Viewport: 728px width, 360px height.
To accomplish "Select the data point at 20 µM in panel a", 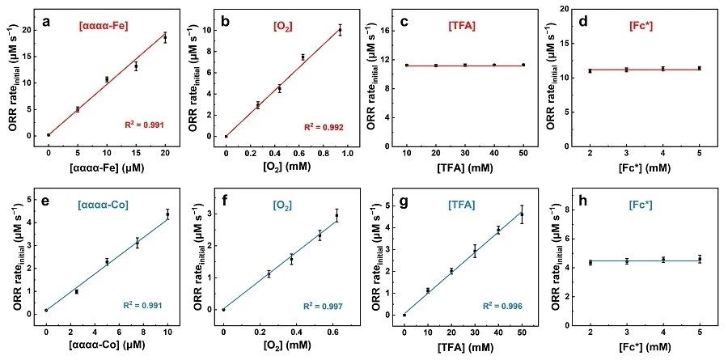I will pos(165,37).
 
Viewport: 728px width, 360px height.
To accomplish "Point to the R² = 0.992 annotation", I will pos(320,127).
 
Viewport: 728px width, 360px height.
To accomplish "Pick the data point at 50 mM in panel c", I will pos(523,65).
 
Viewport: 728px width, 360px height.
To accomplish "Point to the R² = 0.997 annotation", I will pos(320,306).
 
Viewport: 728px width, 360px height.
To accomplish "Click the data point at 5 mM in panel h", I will pos(699,259).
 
